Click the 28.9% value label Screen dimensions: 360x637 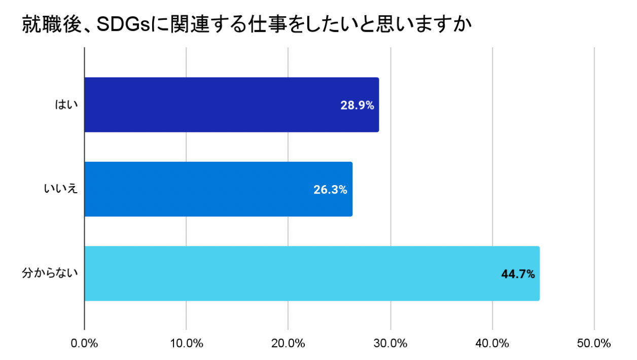pos(357,105)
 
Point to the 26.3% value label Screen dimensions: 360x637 pos(330,190)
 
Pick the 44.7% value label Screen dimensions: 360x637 pos(518,274)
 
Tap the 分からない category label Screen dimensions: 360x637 pos(50,273)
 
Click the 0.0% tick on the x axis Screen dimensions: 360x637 pos(84,343)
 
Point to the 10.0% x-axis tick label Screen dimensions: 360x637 pos(186,343)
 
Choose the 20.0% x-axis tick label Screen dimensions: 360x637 pos(288,343)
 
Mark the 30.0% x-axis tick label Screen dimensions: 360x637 pos(391,343)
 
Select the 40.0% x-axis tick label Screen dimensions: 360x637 pos(492,343)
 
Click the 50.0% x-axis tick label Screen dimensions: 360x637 pos(594,343)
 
